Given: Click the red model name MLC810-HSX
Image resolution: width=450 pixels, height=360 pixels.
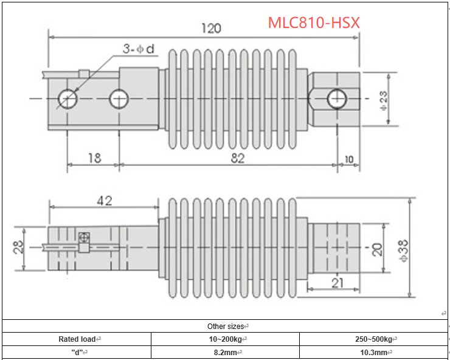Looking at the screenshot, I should pos(314,22).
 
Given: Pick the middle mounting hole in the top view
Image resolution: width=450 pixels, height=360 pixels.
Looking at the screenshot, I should pos(119,97).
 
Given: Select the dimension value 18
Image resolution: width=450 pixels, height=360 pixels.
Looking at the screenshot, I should pos(94,158).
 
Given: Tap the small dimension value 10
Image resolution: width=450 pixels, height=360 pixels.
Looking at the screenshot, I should pos(348,159).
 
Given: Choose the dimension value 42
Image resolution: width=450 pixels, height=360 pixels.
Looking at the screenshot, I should pos(104,200).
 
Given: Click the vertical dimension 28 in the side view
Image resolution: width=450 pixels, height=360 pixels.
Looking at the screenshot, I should pos(18,247).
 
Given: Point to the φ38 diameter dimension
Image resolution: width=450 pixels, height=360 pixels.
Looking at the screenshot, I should pos(420,247).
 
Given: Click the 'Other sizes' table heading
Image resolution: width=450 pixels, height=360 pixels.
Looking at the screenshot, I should pos(225,326).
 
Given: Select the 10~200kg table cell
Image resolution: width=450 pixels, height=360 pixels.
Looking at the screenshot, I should pos(226,339).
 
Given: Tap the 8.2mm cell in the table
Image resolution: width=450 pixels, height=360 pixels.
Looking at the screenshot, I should pos(226,352).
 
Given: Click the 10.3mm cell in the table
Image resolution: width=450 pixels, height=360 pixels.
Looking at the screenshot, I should pos(373,352).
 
